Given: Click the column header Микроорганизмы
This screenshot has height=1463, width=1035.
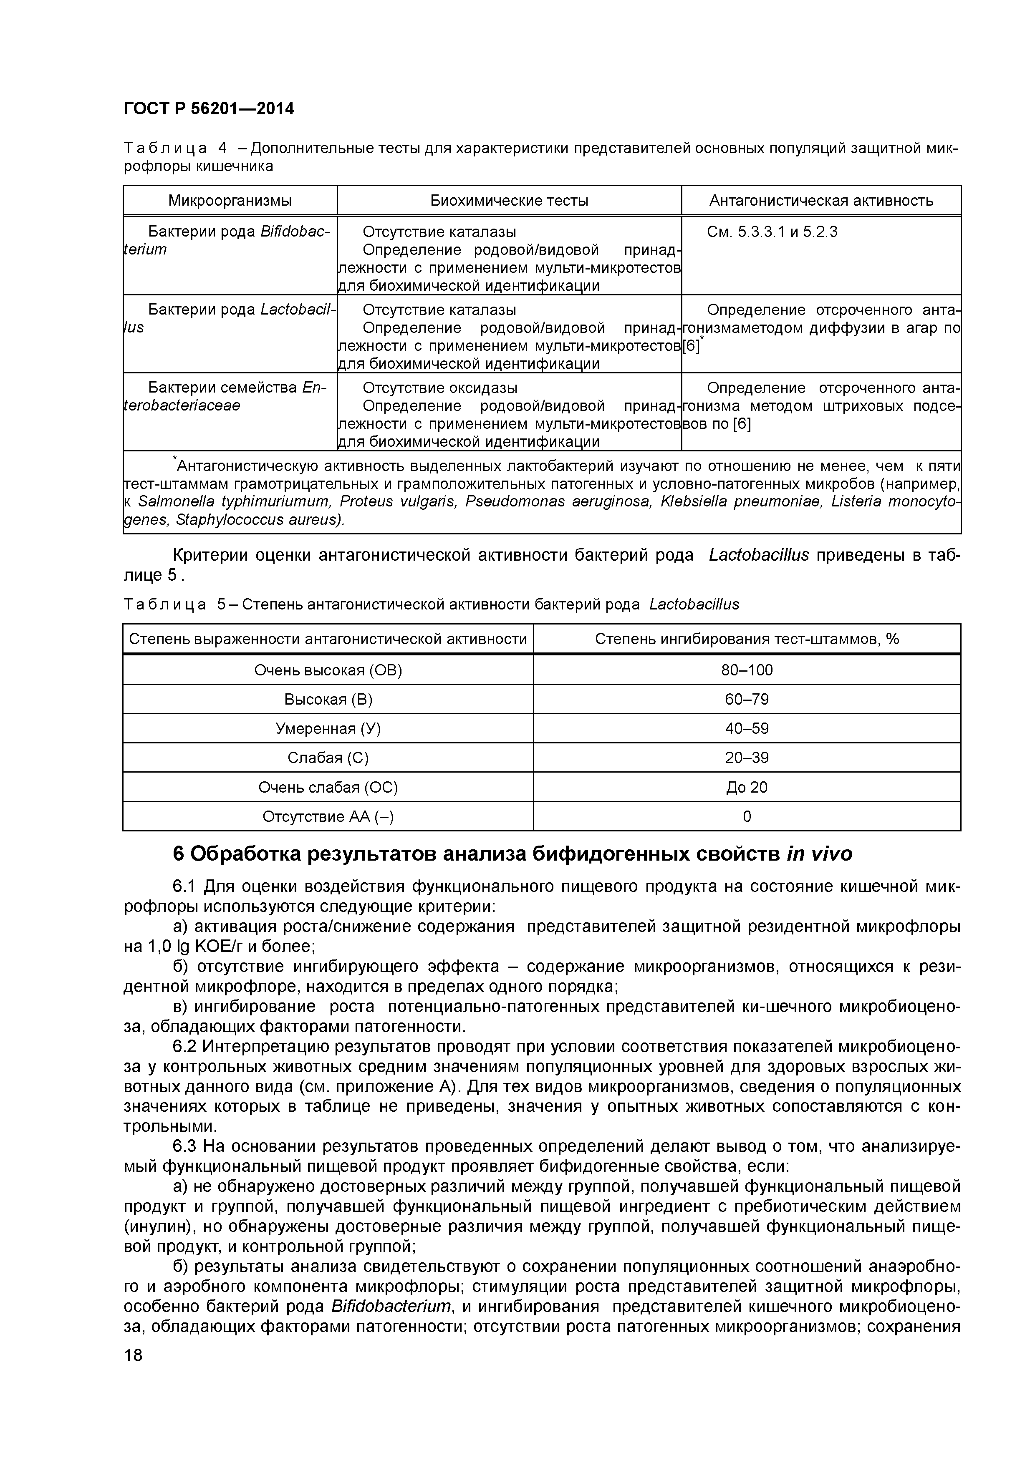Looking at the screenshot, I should (230, 201).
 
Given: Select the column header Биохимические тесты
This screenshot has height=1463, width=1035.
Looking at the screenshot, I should (509, 201).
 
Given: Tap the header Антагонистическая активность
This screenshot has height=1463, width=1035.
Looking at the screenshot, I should (821, 201).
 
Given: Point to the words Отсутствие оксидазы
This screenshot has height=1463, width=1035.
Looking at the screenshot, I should (440, 388).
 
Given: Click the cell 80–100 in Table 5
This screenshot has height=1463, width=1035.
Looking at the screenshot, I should (747, 670).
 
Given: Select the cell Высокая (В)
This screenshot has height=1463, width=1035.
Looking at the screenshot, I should (328, 699).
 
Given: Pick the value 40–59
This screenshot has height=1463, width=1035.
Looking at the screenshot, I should (747, 728).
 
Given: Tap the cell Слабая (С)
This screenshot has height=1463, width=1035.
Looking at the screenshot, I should (328, 758).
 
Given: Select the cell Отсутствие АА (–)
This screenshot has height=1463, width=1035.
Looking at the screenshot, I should (328, 816).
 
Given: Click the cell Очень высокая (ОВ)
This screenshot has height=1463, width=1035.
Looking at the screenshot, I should (328, 670).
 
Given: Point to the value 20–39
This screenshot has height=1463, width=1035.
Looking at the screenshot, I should (747, 758).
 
